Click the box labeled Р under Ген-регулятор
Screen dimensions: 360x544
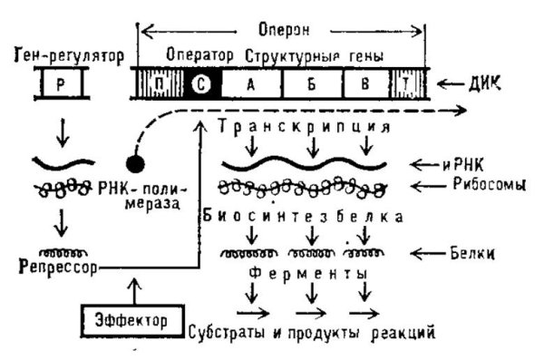click(x=60, y=83)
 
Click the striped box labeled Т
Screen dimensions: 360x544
click(x=403, y=84)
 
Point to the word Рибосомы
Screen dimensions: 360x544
click(x=474, y=187)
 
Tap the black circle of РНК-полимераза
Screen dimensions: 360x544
click(x=135, y=167)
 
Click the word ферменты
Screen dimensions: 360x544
click(x=298, y=272)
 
